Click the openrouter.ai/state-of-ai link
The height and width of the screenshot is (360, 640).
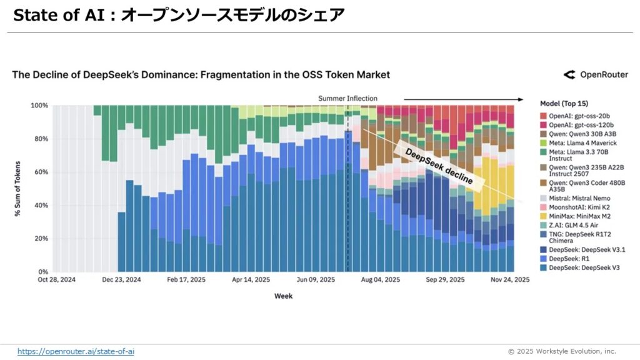click(76, 351)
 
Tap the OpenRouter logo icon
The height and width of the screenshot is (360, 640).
click(569, 75)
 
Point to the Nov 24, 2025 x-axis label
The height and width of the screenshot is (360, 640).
click(509, 280)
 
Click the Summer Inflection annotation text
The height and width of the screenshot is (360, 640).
click(347, 98)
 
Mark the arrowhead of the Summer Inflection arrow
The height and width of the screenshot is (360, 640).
click(520, 99)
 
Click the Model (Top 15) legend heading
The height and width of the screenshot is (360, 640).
click(563, 103)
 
